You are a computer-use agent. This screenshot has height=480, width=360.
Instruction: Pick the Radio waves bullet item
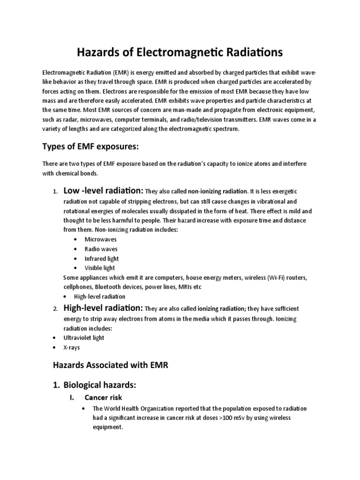(x=101, y=249)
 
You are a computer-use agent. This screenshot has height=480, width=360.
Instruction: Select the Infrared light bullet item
(x=101, y=258)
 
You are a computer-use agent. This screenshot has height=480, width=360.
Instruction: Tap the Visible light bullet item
(x=99, y=268)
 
